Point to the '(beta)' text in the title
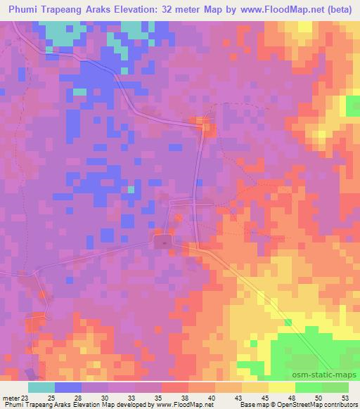tap(336, 9)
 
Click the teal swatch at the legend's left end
tap(41, 386)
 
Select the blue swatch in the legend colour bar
tap(69, 386)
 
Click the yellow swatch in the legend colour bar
tap(282, 386)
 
